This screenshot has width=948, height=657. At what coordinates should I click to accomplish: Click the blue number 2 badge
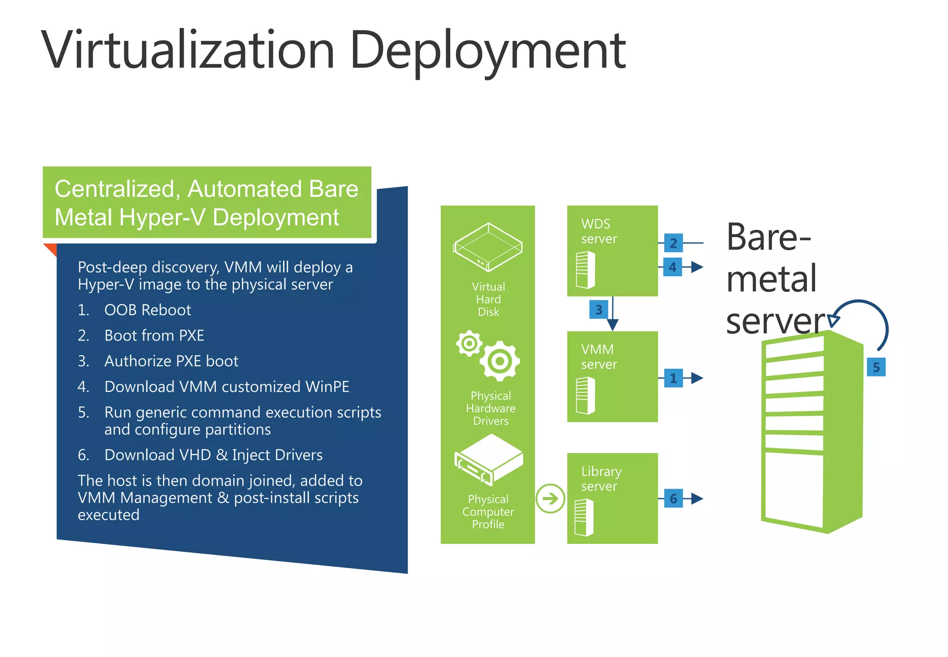point(673,243)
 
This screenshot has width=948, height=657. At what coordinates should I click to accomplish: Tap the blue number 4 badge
point(672,267)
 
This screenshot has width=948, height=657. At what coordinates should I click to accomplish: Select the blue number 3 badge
point(598,310)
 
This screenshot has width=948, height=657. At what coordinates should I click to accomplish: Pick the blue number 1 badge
point(673,378)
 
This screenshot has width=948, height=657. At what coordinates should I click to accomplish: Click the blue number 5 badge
point(876,367)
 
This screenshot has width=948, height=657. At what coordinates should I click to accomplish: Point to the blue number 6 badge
point(673,499)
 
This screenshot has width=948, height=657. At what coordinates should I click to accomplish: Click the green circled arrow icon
point(550,499)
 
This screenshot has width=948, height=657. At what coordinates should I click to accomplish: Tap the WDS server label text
point(599,231)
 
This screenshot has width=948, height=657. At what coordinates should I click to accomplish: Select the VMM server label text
point(599,357)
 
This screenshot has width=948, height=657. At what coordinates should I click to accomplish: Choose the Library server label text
point(601,479)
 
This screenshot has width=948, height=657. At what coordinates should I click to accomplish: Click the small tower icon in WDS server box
point(585,270)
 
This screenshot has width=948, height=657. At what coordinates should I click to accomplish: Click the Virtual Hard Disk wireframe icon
point(487,247)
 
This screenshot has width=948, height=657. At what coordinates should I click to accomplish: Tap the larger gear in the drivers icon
point(499,361)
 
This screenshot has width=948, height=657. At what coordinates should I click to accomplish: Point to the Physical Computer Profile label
point(488,512)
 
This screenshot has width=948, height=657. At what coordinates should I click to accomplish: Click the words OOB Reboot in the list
point(147,310)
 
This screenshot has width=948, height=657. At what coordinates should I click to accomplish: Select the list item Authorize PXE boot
point(171,361)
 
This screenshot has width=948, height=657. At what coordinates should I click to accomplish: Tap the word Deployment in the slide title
point(487,50)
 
